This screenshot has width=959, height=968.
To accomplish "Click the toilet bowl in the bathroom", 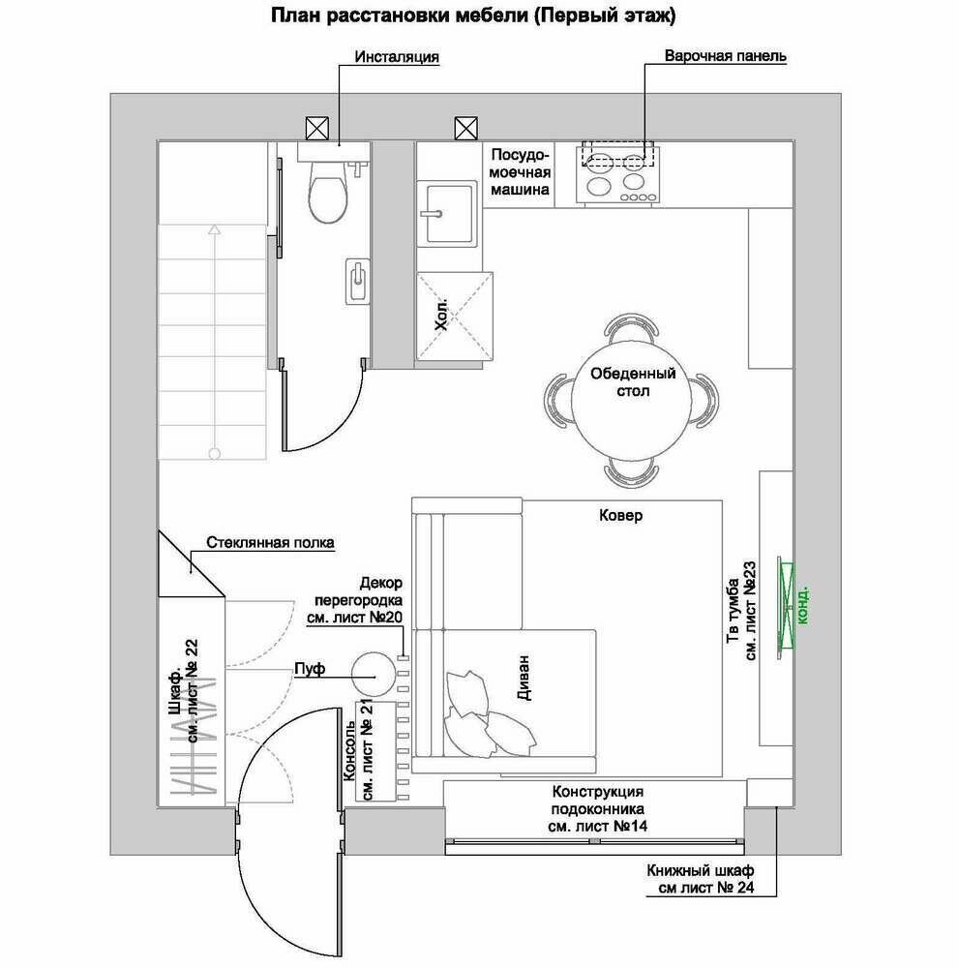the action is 328,192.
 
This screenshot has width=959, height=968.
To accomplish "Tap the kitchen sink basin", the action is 448,214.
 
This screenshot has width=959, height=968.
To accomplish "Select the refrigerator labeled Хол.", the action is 455,317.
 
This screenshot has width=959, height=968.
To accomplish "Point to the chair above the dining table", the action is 631,328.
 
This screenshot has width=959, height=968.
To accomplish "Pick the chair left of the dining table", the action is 559,400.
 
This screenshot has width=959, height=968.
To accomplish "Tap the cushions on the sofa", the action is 488,716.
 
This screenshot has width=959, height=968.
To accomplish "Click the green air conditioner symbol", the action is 786,606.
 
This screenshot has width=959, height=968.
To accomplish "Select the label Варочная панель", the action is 725,56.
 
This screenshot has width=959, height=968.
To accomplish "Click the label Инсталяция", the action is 397,57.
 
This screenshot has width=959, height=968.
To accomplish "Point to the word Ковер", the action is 620,515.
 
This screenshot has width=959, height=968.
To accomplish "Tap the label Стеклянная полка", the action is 270,543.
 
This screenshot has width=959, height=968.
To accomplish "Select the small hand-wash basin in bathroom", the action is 357,281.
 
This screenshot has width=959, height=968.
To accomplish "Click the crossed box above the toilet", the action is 317,129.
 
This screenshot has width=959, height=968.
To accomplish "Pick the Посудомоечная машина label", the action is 520,172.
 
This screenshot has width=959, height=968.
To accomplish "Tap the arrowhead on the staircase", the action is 214,229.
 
